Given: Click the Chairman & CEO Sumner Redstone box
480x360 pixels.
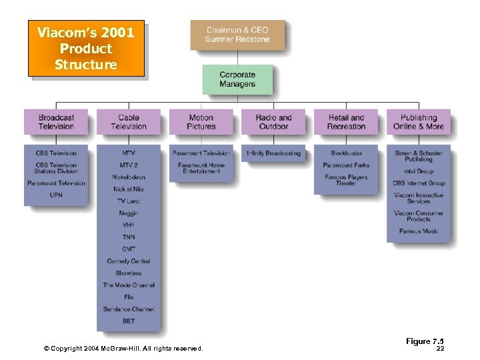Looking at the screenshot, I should (237, 35).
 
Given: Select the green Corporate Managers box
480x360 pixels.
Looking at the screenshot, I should (237, 79).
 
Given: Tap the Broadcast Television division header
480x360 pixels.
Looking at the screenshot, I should (56, 122).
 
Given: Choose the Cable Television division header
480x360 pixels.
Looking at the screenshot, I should (129, 122).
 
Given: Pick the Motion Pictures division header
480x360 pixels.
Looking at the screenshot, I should (201, 122).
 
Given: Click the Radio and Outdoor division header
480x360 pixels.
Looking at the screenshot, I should (273, 122).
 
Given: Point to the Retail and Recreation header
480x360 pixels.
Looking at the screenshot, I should (346, 122).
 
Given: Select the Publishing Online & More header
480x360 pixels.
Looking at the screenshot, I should (419, 122).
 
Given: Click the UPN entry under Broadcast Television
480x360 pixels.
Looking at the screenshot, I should (56, 195).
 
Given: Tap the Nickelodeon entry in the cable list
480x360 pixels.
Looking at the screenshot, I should (129, 177).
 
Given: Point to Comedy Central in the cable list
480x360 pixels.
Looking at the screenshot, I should (129, 261).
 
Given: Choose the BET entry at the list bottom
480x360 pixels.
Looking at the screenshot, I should (129, 321).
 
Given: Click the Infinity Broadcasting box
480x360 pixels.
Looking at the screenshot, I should (273, 153).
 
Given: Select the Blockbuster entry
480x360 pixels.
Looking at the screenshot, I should (346, 153).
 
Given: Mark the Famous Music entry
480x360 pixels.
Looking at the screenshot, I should (419, 231).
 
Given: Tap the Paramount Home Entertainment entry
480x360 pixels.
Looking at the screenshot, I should (201, 168).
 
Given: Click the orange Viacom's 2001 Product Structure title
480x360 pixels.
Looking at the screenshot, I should (86, 49).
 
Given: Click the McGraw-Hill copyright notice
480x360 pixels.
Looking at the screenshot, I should (123, 348).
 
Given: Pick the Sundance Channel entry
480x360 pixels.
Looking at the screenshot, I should (129, 309).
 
